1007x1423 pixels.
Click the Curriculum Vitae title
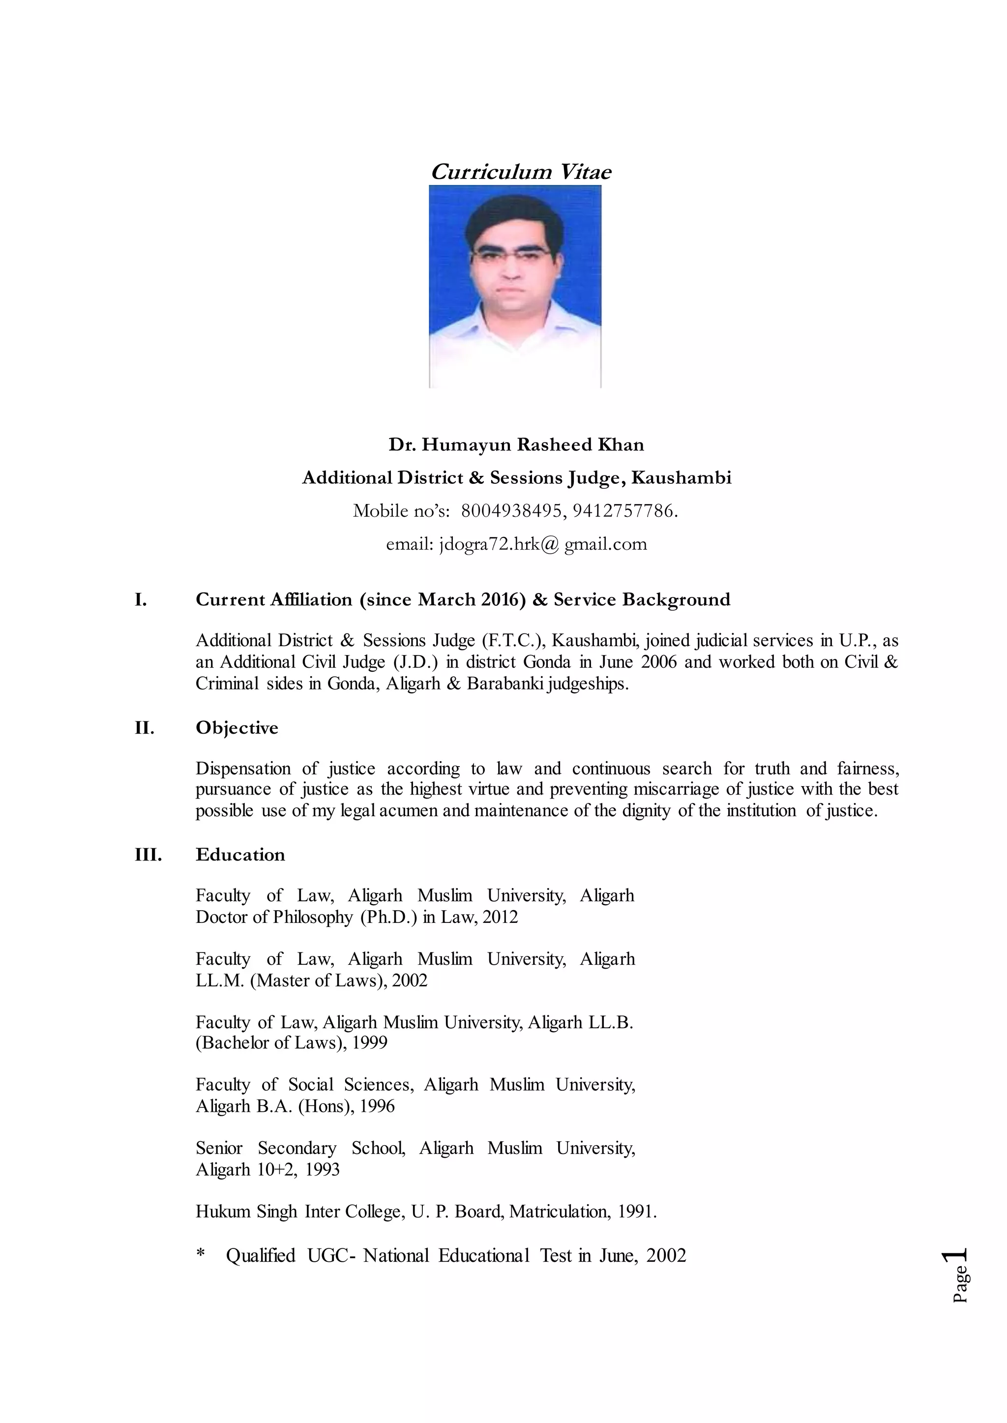(x=521, y=172)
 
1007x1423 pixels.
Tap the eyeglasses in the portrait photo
(x=512, y=255)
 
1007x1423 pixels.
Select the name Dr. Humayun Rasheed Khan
(x=516, y=445)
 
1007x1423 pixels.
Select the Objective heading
(x=237, y=727)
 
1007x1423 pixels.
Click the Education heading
(x=240, y=855)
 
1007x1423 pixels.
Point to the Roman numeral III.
(x=148, y=855)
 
